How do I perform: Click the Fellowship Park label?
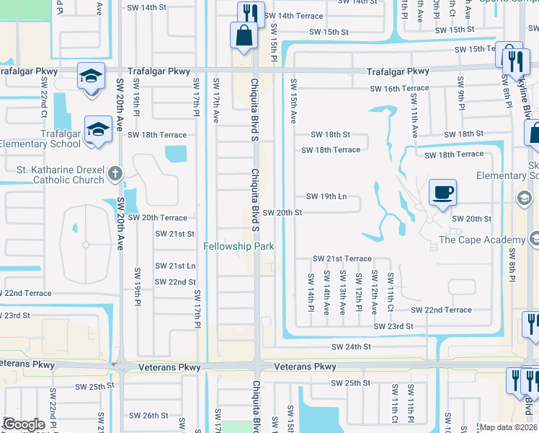pyautogui.click(x=239, y=246)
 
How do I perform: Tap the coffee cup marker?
pyautogui.click(x=442, y=193)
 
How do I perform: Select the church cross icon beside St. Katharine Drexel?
pyautogui.click(x=115, y=174)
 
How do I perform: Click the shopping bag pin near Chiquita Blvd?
pyautogui.click(x=244, y=35)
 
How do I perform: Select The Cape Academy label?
pyautogui.click(x=482, y=240)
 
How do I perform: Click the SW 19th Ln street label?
pyautogui.click(x=326, y=196)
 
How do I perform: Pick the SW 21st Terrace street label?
pyautogui.click(x=342, y=258)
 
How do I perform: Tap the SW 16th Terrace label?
pyautogui.click(x=399, y=89)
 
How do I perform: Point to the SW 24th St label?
pyautogui.click(x=351, y=346)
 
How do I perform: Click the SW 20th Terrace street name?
pyautogui.click(x=158, y=218)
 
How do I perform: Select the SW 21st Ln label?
pyautogui.click(x=176, y=266)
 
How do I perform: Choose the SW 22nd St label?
pyautogui.click(x=175, y=281)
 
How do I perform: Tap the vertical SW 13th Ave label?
pyautogui.click(x=343, y=293)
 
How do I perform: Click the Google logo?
pyautogui.click(x=24, y=424)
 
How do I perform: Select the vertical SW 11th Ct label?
pyautogui.click(x=391, y=292)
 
